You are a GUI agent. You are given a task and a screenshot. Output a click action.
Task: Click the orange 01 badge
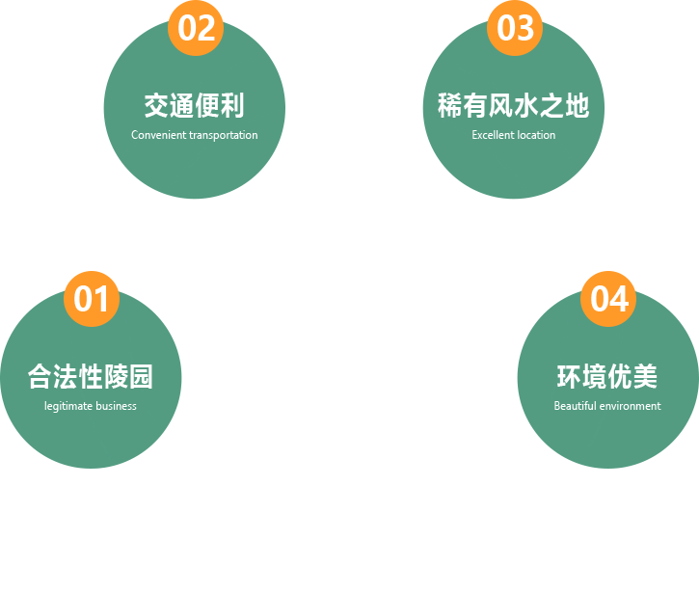[92, 299]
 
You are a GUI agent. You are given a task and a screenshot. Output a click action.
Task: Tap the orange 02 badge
[196, 28]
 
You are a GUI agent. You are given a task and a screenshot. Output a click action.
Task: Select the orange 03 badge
[515, 28]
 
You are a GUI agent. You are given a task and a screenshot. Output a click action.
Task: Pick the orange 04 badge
[608, 299]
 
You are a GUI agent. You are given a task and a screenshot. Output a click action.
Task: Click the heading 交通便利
[194, 105]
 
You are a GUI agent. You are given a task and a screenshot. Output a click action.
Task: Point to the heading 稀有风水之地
[513, 105]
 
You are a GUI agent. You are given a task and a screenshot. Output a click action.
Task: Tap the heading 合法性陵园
[91, 376]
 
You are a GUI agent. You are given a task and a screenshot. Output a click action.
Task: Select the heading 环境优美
[606, 376]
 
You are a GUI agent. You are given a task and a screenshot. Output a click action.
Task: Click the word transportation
[224, 135]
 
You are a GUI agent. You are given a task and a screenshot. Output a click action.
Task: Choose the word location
[536, 135]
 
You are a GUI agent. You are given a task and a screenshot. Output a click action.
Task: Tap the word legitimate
[67, 406]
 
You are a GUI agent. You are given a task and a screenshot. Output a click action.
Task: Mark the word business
[116, 406]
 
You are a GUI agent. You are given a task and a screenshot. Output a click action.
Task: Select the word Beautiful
[575, 406]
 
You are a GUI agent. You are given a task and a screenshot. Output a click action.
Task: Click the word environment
[631, 406]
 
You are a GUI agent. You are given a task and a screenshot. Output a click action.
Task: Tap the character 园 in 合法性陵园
[141, 376]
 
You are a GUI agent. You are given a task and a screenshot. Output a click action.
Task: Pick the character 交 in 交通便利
[156, 105]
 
